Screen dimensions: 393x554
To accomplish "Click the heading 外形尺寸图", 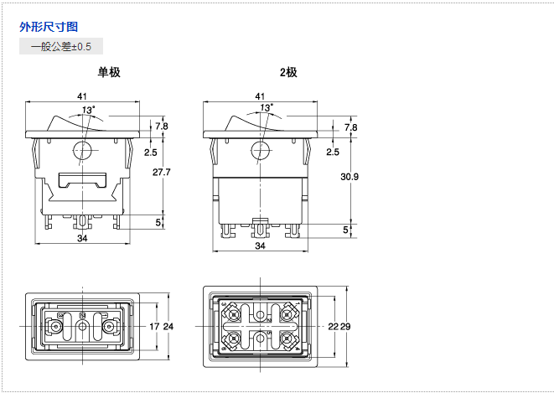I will click(x=49, y=27).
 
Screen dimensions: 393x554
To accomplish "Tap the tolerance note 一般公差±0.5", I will click(x=61, y=47).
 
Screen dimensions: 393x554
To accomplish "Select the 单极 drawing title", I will click(x=109, y=72).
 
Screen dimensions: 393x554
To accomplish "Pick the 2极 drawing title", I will click(x=288, y=72).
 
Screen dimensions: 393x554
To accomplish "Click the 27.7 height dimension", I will click(x=162, y=173).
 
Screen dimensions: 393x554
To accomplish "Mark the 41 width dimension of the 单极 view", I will click(x=82, y=96).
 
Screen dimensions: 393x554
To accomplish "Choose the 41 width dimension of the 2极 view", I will click(x=260, y=96).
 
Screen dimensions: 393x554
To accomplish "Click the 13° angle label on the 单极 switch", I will click(x=88, y=109).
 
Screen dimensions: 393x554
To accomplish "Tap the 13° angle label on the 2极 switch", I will click(x=266, y=109).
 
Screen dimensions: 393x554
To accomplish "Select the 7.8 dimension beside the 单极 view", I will click(x=162, y=127).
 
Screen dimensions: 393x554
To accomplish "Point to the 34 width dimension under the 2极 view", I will click(x=260, y=247).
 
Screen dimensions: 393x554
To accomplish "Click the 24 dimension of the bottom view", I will click(x=168, y=326).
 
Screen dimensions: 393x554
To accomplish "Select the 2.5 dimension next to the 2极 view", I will click(x=333, y=152).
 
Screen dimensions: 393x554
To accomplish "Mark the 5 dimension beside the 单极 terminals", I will click(x=159, y=222).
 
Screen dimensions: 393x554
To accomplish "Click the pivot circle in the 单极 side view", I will click(x=82, y=151).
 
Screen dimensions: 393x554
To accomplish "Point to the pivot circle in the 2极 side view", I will click(x=260, y=151).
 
